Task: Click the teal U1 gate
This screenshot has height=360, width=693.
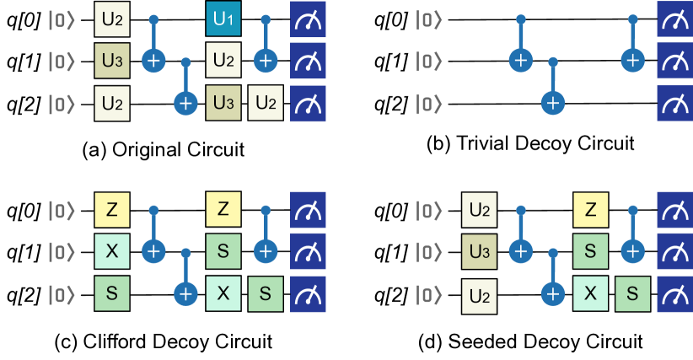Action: [x=223, y=19]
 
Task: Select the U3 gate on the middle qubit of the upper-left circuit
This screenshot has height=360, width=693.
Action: [x=111, y=61]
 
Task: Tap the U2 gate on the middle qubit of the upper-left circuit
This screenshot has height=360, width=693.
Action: [x=223, y=61]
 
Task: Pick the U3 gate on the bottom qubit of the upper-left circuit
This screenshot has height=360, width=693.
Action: [x=223, y=103]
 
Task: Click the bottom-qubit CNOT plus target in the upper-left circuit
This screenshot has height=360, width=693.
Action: [x=185, y=103]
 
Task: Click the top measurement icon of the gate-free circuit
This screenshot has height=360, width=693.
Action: [x=674, y=19]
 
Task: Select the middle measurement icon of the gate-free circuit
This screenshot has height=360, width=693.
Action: [x=674, y=61]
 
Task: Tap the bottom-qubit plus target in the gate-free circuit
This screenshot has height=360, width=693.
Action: [x=552, y=103]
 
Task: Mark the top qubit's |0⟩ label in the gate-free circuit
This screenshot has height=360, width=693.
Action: [x=428, y=19]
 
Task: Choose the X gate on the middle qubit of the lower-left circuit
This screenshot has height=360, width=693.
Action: [x=111, y=250]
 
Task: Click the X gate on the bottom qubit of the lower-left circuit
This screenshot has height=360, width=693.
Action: [x=223, y=293]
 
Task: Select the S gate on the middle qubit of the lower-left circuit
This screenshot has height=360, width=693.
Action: [x=223, y=250]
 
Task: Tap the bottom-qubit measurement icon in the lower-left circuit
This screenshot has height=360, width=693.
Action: [x=308, y=293]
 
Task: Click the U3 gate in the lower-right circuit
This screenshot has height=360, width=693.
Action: [x=479, y=250]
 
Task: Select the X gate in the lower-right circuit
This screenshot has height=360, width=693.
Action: [x=590, y=293]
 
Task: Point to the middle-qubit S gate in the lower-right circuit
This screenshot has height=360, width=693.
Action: [x=590, y=250]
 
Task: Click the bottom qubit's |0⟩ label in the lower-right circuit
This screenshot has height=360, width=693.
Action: [x=428, y=293]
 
